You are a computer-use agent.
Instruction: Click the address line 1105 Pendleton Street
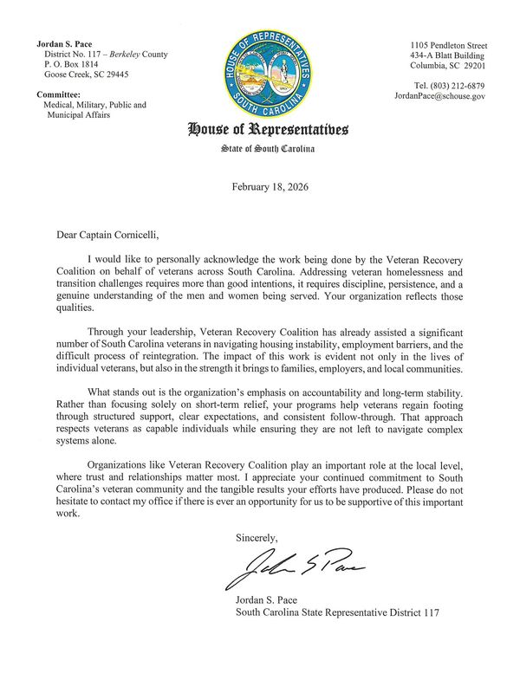(x=448, y=44)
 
